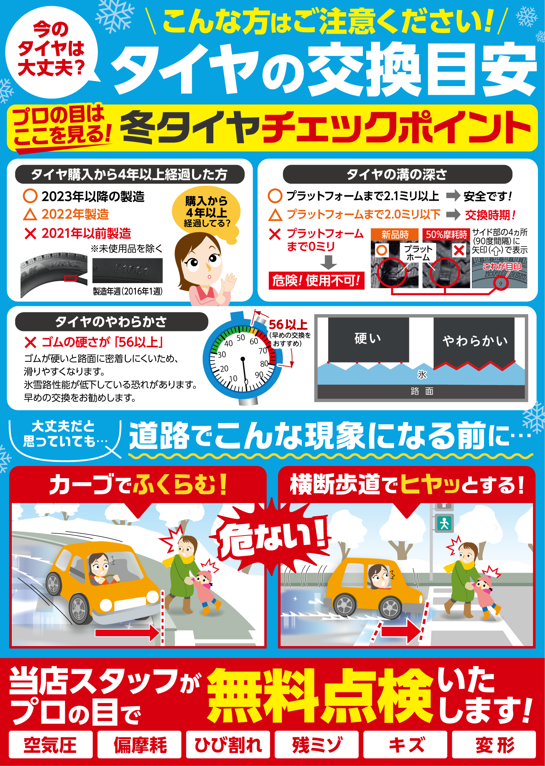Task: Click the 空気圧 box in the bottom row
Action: [x=51, y=744]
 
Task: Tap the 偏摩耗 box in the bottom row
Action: [x=139, y=744]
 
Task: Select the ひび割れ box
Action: [x=228, y=744]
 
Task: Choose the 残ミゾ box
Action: [x=317, y=744]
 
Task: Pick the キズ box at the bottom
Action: [x=406, y=744]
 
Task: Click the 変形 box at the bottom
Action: [x=494, y=744]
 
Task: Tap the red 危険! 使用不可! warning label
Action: [x=316, y=281]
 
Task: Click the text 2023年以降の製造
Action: [x=93, y=196]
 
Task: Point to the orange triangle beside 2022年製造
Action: [x=30, y=215]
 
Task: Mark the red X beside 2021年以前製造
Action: [x=30, y=234]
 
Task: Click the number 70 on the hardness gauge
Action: [x=263, y=350]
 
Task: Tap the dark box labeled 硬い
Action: [x=368, y=339]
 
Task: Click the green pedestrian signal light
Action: [x=444, y=523]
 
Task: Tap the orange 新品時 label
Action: [x=395, y=235]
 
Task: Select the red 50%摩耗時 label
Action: [x=446, y=235]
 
